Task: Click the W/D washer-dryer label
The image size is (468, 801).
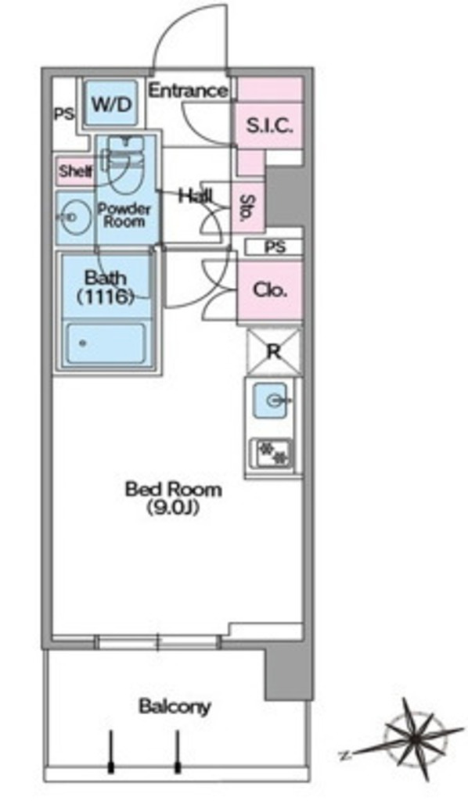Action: [x=112, y=105]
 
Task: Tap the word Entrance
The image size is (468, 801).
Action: [x=188, y=91]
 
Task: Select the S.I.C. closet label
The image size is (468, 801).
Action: [x=269, y=125]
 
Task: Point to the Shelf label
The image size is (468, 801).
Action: [x=76, y=171]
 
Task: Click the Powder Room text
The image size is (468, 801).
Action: [x=124, y=215]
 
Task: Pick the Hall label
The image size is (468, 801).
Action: [x=195, y=196]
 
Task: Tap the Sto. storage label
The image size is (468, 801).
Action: [x=248, y=207]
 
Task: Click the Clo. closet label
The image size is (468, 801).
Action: [x=270, y=290]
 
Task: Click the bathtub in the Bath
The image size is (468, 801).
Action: [x=106, y=343]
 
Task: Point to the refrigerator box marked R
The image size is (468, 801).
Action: [x=274, y=352]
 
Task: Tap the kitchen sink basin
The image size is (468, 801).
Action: [x=270, y=400]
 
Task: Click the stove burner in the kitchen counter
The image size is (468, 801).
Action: [x=272, y=454]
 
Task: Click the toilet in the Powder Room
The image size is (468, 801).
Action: [x=126, y=163]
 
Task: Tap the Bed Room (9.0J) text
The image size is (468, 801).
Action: [x=174, y=497]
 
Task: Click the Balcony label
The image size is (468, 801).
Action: [x=175, y=707]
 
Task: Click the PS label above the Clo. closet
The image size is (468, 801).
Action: [x=275, y=247]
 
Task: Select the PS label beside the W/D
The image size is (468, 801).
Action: [x=64, y=113]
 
